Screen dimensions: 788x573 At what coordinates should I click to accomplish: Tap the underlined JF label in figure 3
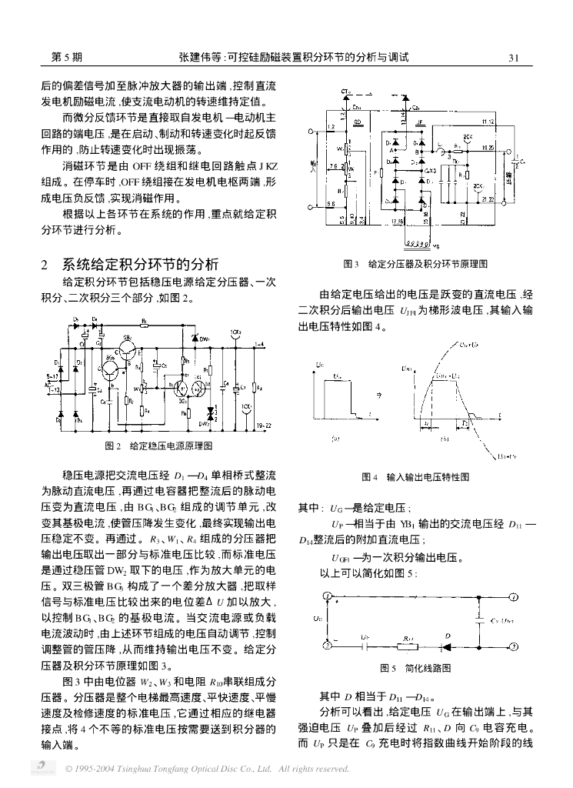pos(419,122)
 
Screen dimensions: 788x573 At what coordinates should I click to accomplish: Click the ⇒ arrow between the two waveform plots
pos(376,393)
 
